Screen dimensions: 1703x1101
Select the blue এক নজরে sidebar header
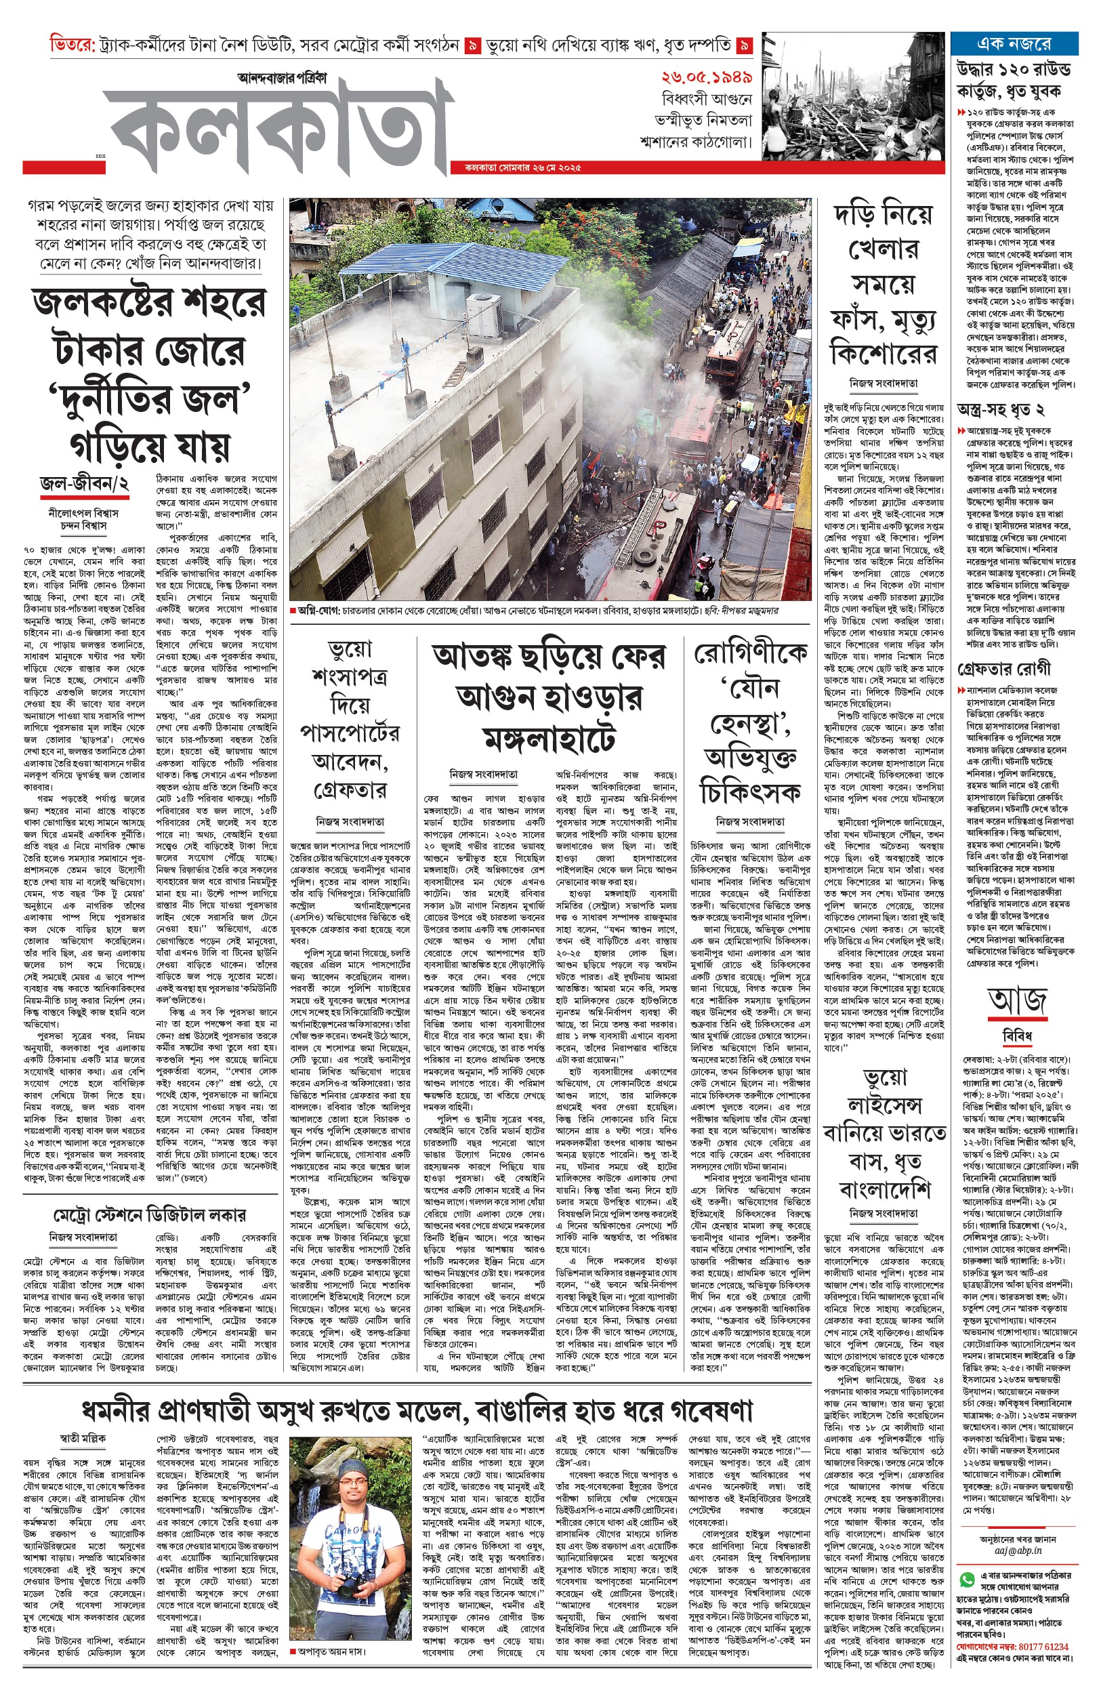[1013, 44]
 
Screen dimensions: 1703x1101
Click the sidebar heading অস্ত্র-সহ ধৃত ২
[1000, 410]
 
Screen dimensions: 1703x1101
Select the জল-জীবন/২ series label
[85, 484]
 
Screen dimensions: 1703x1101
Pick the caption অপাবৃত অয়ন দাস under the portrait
[331, 1651]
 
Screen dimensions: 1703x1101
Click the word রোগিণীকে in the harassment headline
[750, 653]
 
